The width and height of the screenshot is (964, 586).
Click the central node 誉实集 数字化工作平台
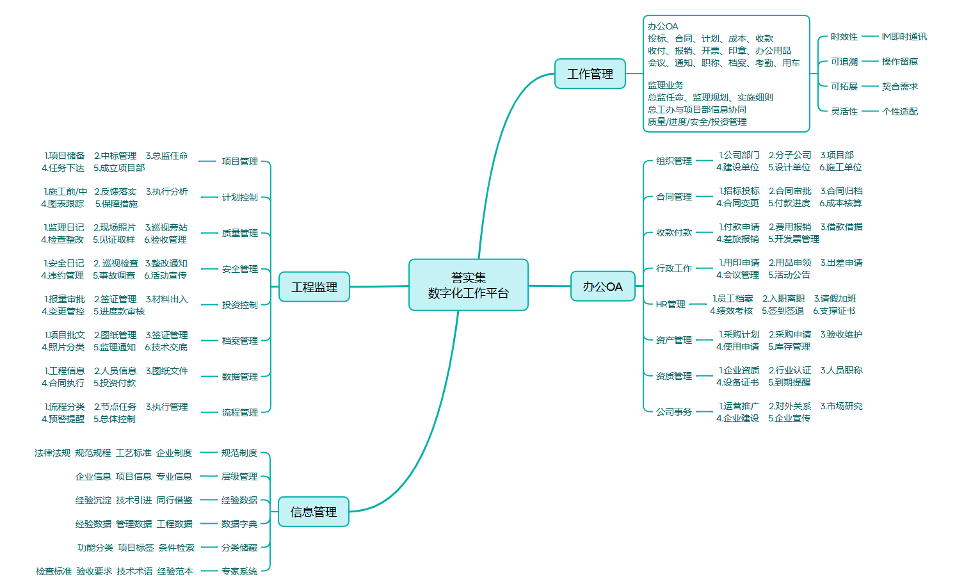coord(468,285)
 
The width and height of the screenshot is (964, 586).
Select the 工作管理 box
coord(590,74)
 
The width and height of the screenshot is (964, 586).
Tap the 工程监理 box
coord(314,287)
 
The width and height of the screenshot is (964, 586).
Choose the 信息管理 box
coord(313,512)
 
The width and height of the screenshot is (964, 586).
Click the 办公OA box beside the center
coord(602,286)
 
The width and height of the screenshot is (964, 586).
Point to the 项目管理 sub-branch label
coord(239,161)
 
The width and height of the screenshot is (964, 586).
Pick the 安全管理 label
coord(239,269)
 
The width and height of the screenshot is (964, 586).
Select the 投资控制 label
coord(239,305)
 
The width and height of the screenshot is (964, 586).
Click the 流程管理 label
coord(239,412)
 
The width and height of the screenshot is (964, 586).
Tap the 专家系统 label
coord(239,571)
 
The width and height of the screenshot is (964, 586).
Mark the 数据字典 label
coord(239,524)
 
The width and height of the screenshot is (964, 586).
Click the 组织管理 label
coord(673,161)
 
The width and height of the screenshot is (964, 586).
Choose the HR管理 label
coord(670,304)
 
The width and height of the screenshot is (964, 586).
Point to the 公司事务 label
coord(673,412)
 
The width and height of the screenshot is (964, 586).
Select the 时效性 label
coord(844,37)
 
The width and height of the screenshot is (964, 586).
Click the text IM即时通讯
coord(904,37)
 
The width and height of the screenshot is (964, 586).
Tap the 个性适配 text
coord(899,111)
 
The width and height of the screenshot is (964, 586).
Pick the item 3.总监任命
coord(166,156)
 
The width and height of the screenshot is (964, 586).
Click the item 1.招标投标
coord(739,191)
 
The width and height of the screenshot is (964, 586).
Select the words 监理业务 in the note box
coord(665,85)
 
